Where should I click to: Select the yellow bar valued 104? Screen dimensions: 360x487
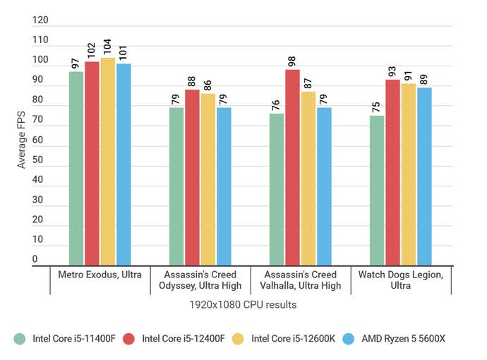tap(107, 162)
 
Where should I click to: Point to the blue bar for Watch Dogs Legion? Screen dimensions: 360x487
tap(424, 176)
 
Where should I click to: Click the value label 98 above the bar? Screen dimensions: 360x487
tap(292, 59)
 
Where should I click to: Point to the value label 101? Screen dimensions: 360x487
tap(123, 53)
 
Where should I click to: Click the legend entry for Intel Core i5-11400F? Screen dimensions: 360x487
tap(67, 338)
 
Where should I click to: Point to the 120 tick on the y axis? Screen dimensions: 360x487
tap(40, 21)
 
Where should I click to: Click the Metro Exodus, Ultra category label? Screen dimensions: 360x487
tap(100, 274)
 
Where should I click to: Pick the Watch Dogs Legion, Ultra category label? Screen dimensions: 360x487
tap(400, 280)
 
